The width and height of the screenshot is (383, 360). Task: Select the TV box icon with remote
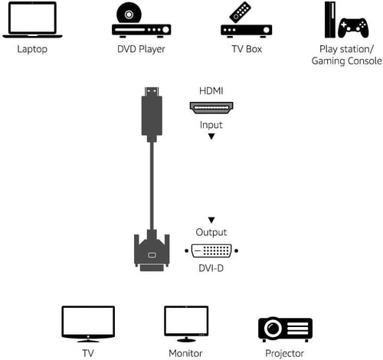[x=245, y=21]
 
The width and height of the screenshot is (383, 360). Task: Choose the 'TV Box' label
[x=245, y=50]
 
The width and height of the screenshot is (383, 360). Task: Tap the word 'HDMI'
[x=211, y=90]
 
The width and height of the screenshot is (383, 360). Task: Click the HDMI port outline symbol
[x=211, y=108]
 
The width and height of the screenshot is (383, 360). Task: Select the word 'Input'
[x=211, y=125]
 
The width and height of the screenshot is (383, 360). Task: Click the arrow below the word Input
[x=211, y=138]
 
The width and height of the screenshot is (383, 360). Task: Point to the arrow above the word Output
[x=211, y=220]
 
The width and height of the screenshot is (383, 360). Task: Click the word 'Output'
[x=211, y=233]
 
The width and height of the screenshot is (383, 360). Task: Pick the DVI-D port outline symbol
[x=212, y=250]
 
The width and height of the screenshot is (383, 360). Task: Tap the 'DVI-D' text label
[x=211, y=268]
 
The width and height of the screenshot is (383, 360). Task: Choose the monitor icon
[x=186, y=324]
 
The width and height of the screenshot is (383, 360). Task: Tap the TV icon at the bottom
[x=88, y=324]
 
